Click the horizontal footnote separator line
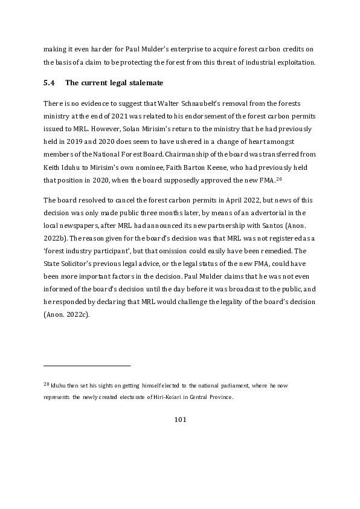coord(87,365)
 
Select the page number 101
coord(179,419)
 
